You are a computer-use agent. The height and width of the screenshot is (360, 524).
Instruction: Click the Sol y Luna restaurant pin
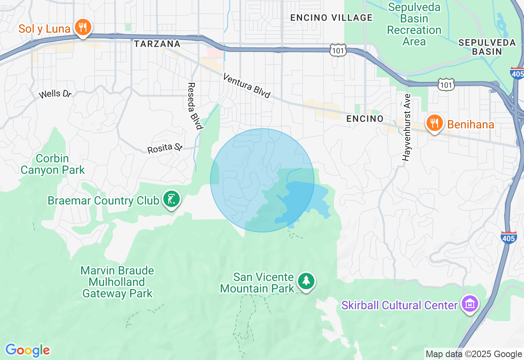click(x=83, y=28)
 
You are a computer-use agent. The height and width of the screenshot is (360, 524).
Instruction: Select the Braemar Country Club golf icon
click(x=172, y=200)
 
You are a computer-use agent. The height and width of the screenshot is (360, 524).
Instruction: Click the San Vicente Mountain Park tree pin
click(x=306, y=281)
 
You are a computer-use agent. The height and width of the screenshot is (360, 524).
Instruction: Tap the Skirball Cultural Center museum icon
click(x=470, y=304)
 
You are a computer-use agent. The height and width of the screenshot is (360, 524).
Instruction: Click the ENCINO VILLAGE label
click(x=332, y=18)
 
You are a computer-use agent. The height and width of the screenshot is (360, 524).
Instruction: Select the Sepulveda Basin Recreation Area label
click(x=414, y=25)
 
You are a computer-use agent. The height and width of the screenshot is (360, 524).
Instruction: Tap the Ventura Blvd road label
click(x=247, y=86)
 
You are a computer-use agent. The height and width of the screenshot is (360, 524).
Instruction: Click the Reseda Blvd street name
click(x=195, y=106)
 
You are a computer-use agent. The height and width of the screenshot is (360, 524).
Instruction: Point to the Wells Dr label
click(x=55, y=94)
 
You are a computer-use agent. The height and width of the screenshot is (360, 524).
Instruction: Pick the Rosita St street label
click(x=165, y=148)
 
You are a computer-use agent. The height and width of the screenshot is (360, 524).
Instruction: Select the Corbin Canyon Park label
click(x=53, y=164)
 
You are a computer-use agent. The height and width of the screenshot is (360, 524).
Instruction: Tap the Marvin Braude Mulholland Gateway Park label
click(x=117, y=282)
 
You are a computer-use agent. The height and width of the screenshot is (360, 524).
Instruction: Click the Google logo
click(x=27, y=350)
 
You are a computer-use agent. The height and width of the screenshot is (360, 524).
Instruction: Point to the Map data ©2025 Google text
click(x=473, y=354)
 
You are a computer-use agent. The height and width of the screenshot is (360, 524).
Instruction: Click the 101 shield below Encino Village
click(x=338, y=50)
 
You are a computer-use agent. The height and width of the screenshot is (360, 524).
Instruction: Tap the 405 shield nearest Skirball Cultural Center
click(x=508, y=237)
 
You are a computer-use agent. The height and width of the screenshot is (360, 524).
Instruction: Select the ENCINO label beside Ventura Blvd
click(x=365, y=119)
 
